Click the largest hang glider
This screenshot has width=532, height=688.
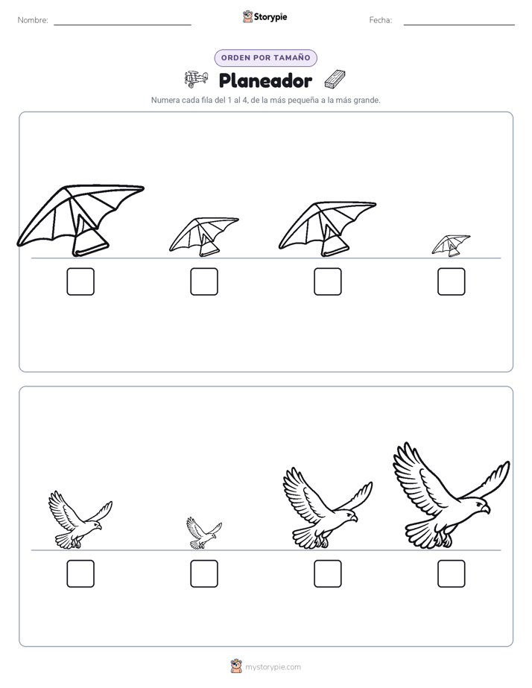click(81, 220)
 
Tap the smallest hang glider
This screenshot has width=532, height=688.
click(451, 246)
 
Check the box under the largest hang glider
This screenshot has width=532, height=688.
click(80, 281)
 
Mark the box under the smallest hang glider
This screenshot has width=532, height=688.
click(452, 281)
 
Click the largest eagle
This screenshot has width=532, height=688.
click(452, 496)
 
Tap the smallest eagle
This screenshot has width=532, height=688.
click(204, 532)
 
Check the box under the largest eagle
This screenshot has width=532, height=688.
click(452, 573)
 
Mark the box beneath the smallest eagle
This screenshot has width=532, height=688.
click(204, 573)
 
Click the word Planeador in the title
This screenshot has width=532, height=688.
click(265, 80)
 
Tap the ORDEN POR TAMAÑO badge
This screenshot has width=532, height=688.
click(265, 58)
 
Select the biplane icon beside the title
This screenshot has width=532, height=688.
click(196, 79)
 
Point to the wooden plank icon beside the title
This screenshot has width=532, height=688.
click(335, 79)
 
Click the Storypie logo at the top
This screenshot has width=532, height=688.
click(265, 17)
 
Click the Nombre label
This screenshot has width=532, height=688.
click(33, 20)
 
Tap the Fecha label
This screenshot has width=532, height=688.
click(381, 20)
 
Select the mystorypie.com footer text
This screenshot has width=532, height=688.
click(273, 667)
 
